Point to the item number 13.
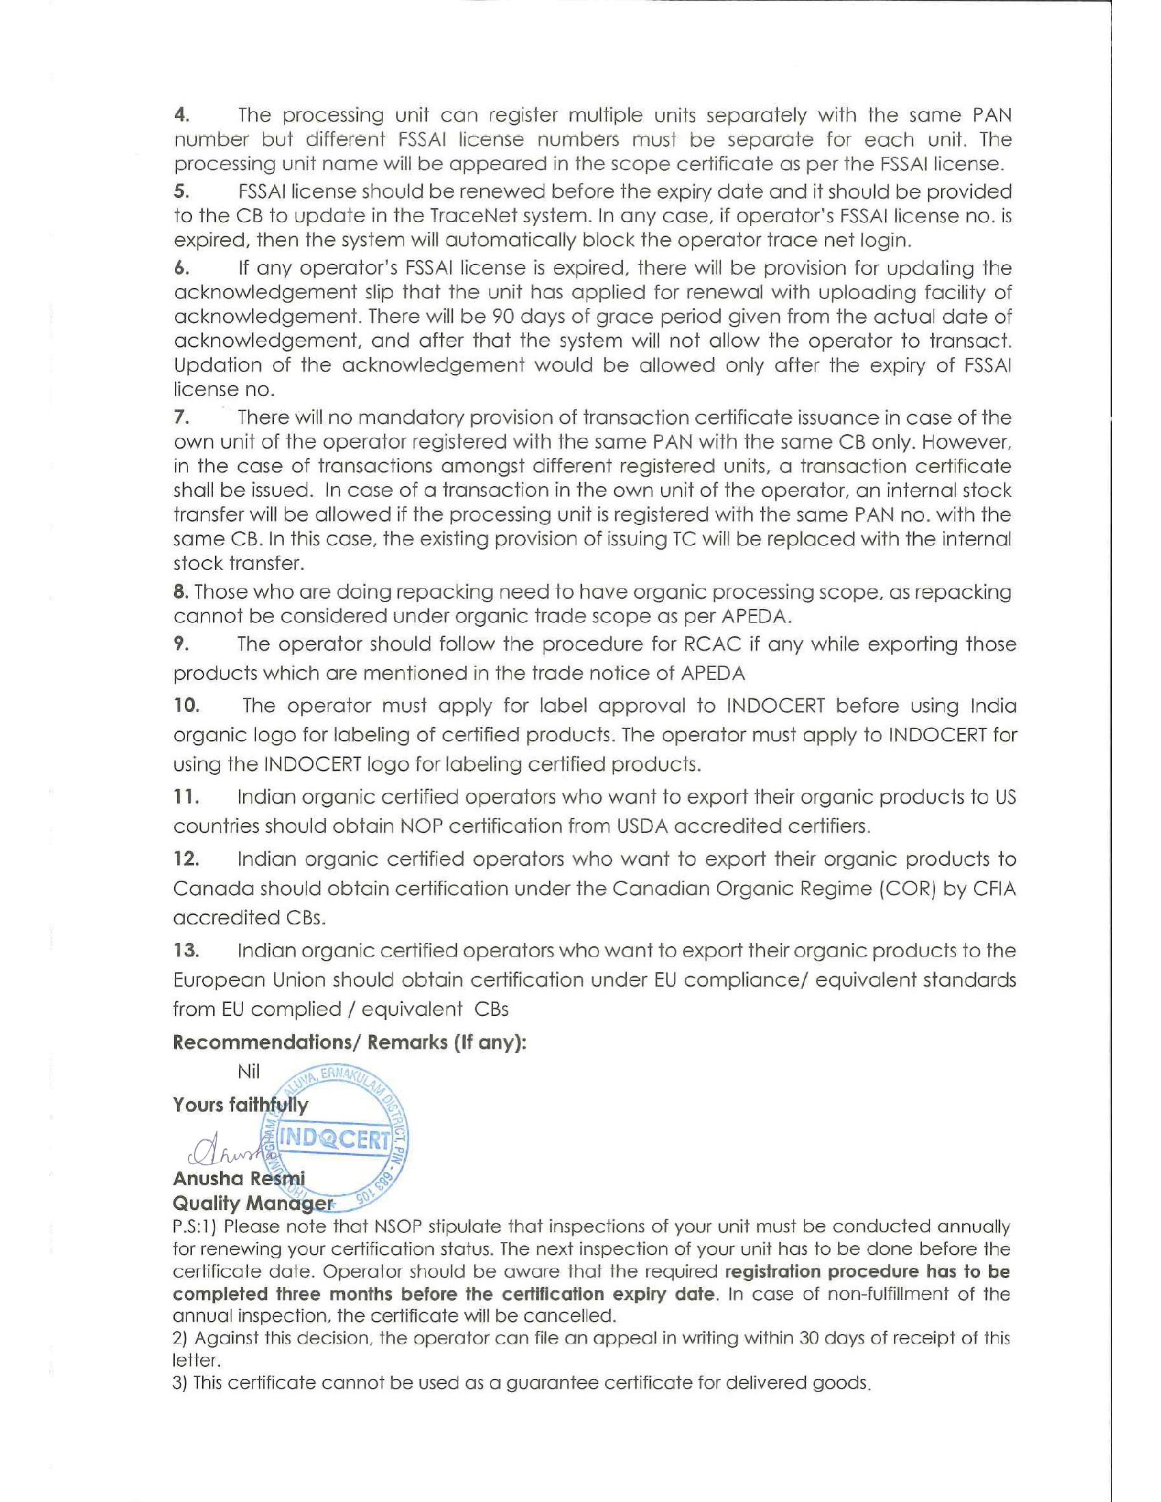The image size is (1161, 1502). point(186,951)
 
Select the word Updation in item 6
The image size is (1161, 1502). point(217,365)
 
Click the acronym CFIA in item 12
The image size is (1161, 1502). point(993,889)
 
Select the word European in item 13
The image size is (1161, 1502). point(217,980)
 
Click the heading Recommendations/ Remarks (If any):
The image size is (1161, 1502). point(350,1043)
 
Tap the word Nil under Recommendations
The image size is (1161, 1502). point(249,1071)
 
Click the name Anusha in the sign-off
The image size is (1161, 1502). point(208,1179)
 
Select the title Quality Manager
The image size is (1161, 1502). point(252,1203)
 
